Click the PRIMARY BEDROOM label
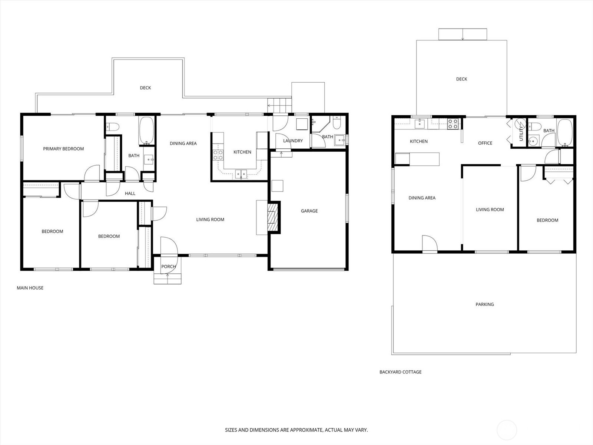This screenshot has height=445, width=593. click(63, 149)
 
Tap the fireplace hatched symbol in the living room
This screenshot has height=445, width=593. click(273, 217)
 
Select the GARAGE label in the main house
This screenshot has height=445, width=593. click(309, 211)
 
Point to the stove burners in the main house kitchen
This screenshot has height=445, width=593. click(218, 155)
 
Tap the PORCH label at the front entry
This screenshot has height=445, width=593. click(168, 267)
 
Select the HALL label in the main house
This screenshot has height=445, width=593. click(130, 194)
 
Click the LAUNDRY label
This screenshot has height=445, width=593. click(293, 141)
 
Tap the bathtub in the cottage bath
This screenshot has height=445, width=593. click(565, 132)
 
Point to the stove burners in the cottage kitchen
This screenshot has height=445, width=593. click(453, 124)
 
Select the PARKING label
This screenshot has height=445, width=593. click(484, 304)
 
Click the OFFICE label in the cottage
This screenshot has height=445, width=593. click(485, 143)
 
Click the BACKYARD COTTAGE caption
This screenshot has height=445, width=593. click(400, 372)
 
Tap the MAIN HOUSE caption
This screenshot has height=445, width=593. click(30, 288)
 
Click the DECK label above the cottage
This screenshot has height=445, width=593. click(461, 79)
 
